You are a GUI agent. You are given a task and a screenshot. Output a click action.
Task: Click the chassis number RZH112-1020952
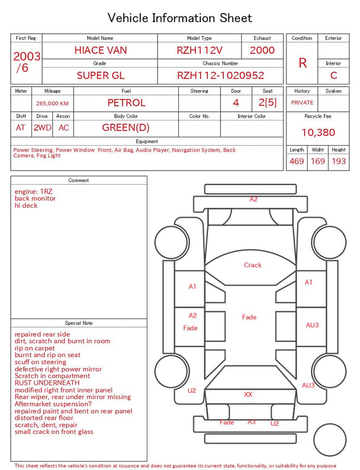point(220,75)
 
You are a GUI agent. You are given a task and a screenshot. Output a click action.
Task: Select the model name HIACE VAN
point(101,50)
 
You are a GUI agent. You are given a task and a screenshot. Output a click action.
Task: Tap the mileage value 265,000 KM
point(52,104)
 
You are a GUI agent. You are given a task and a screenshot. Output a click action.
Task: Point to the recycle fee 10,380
point(318,132)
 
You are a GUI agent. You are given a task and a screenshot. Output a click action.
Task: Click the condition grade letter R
point(303,63)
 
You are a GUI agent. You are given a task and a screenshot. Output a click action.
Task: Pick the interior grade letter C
point(334,75)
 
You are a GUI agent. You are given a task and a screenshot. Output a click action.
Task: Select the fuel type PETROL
point(127,103)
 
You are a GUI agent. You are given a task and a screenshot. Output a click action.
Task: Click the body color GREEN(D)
point(126,128)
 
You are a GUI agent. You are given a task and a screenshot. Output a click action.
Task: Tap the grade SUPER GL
point(101,75)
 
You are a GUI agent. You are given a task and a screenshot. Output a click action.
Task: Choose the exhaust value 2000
point(262,50)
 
